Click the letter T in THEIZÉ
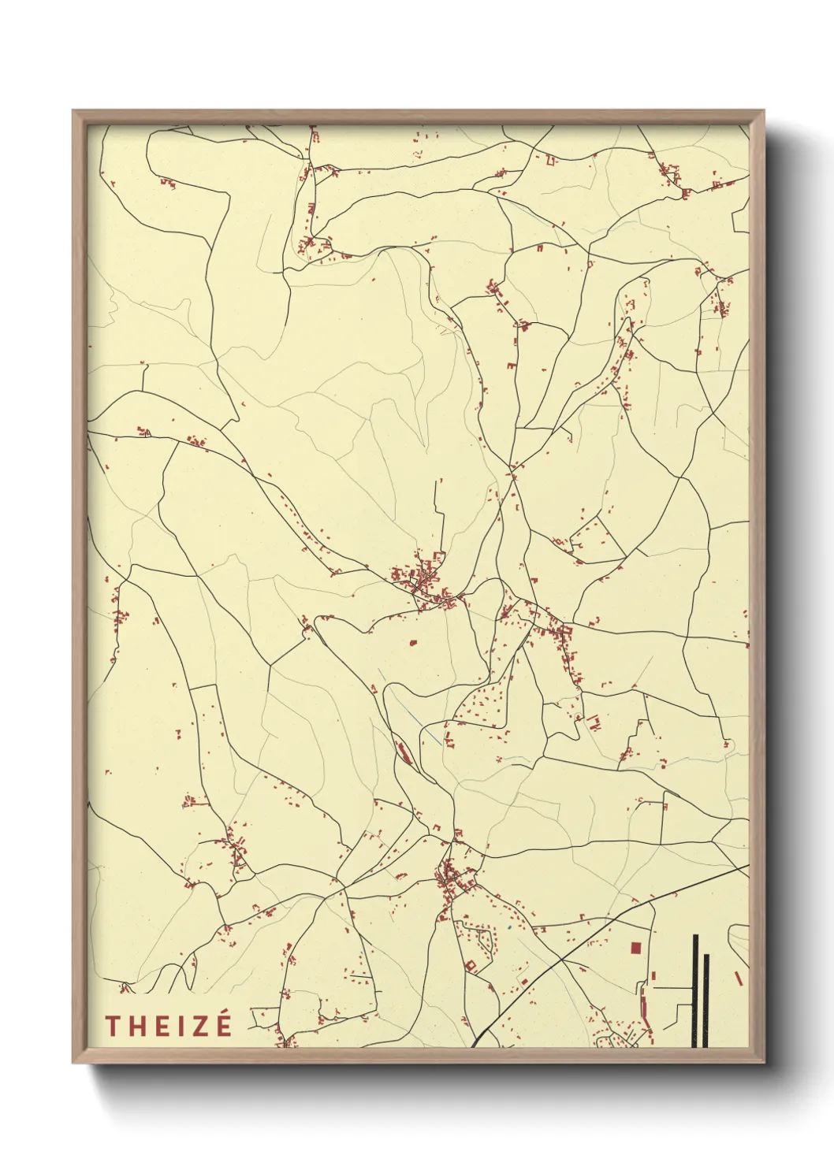coord(112,1025)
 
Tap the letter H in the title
coord(135,1025)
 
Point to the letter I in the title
coord(177,1025)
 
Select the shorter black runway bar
coord(706,1001)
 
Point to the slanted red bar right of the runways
coord(739,978)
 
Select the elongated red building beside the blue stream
coord(403,753)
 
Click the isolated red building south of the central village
coord(411,643)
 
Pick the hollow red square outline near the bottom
coord(471,965)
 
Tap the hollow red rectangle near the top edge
coord(550,162)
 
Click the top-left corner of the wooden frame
coord(74,111)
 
